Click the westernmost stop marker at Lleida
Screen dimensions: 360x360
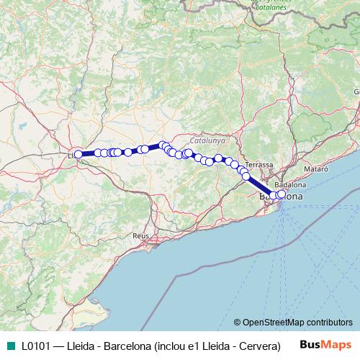coord(78,154)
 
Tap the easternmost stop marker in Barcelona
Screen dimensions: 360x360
coord(281,194)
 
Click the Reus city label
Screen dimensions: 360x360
coord(140,235)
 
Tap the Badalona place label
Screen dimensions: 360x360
coord(288,185)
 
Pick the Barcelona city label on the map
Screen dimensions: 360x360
coord(281,196)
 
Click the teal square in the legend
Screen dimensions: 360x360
coord(9,346)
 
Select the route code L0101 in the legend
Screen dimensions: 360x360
coord(35,346)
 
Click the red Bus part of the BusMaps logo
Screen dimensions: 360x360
coord(312,345)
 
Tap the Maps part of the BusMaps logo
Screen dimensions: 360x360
coord(338,345)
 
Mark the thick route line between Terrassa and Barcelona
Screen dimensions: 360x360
coord(259,184)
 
